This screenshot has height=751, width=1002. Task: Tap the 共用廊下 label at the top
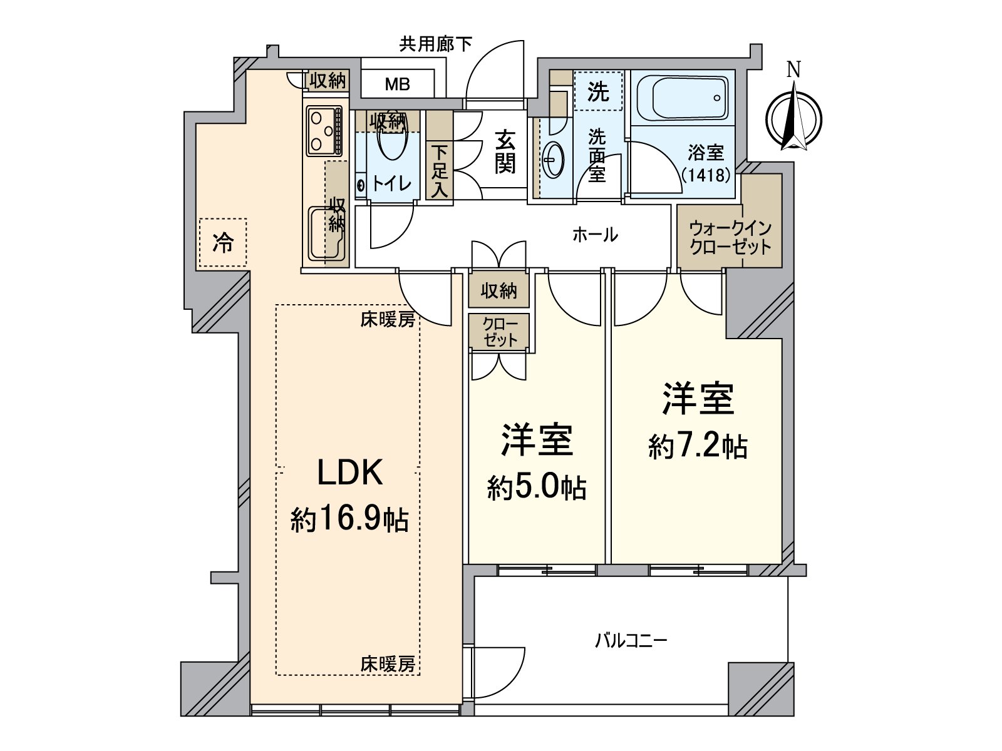point(436,44)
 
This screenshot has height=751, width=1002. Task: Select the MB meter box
point(397,84)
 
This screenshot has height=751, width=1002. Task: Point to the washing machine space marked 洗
point(598,93)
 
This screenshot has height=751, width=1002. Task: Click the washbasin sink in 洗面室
point(553,160)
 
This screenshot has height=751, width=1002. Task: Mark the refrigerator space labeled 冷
point(222,243)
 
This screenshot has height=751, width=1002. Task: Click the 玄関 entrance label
point(505,151)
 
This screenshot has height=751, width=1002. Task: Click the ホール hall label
point(595,235)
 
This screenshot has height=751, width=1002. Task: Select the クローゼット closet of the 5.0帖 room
point(499,332)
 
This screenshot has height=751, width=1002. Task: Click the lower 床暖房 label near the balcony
point(387,664)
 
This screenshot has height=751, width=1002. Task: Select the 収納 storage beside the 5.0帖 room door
point(498,290)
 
